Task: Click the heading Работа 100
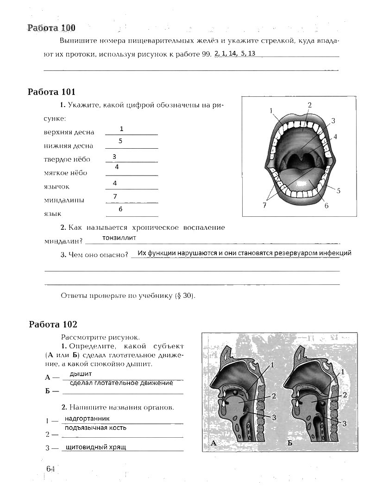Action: coord(51,28)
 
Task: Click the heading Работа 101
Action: coord(51,92)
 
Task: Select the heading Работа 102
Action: coord(53,324)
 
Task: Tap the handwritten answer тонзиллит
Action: coord(119,238)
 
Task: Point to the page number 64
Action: coord(50,469)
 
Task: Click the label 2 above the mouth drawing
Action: coord(310,105)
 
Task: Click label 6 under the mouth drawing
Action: coord(326,205)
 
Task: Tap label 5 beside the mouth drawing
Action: coord(339,190)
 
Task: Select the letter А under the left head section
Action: coord(214,443)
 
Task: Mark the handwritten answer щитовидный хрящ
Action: coord(96,447)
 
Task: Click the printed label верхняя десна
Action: coord(69,132)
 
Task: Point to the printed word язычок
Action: coord(56,187)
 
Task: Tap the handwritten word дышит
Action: coord(81,374)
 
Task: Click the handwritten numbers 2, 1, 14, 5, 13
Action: coord(235,53)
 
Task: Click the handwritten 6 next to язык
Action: coord(120,209)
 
